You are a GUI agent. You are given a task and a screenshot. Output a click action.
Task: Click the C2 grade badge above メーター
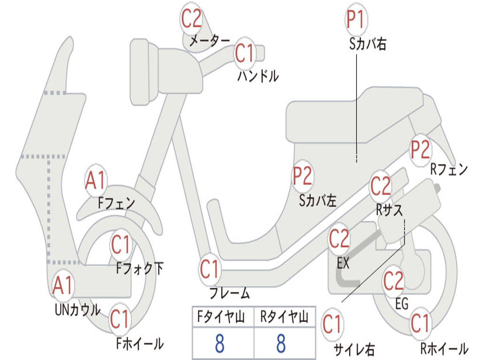click(191, 19)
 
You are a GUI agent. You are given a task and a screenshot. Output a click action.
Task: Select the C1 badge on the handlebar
click(245, 53)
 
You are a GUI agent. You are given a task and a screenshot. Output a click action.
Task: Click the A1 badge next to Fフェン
click(96, 180)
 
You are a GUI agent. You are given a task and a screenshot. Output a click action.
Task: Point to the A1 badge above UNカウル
click(62, 285)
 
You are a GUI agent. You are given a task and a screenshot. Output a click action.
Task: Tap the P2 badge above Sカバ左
click(302, 176)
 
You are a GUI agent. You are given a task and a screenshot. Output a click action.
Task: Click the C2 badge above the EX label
click(339, 239)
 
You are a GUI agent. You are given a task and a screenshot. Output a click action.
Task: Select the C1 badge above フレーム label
click(210, 269)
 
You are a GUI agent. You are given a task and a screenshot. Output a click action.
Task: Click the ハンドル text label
click(258, 76)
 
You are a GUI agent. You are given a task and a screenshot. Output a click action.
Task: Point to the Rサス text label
click(389, 210)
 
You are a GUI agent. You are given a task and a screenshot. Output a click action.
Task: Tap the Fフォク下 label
click(140, 268)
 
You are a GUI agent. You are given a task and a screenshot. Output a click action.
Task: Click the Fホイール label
click(140, 344)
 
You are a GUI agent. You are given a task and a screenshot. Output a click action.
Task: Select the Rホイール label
click(444, 348)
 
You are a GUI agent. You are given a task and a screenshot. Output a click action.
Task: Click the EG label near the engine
click(402, 304)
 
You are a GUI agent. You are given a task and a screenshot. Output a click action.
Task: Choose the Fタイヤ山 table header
click(221, 316)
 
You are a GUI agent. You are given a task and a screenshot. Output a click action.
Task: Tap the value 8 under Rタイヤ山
click(281, 343)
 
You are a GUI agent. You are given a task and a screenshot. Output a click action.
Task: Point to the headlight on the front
click(144, 72)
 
